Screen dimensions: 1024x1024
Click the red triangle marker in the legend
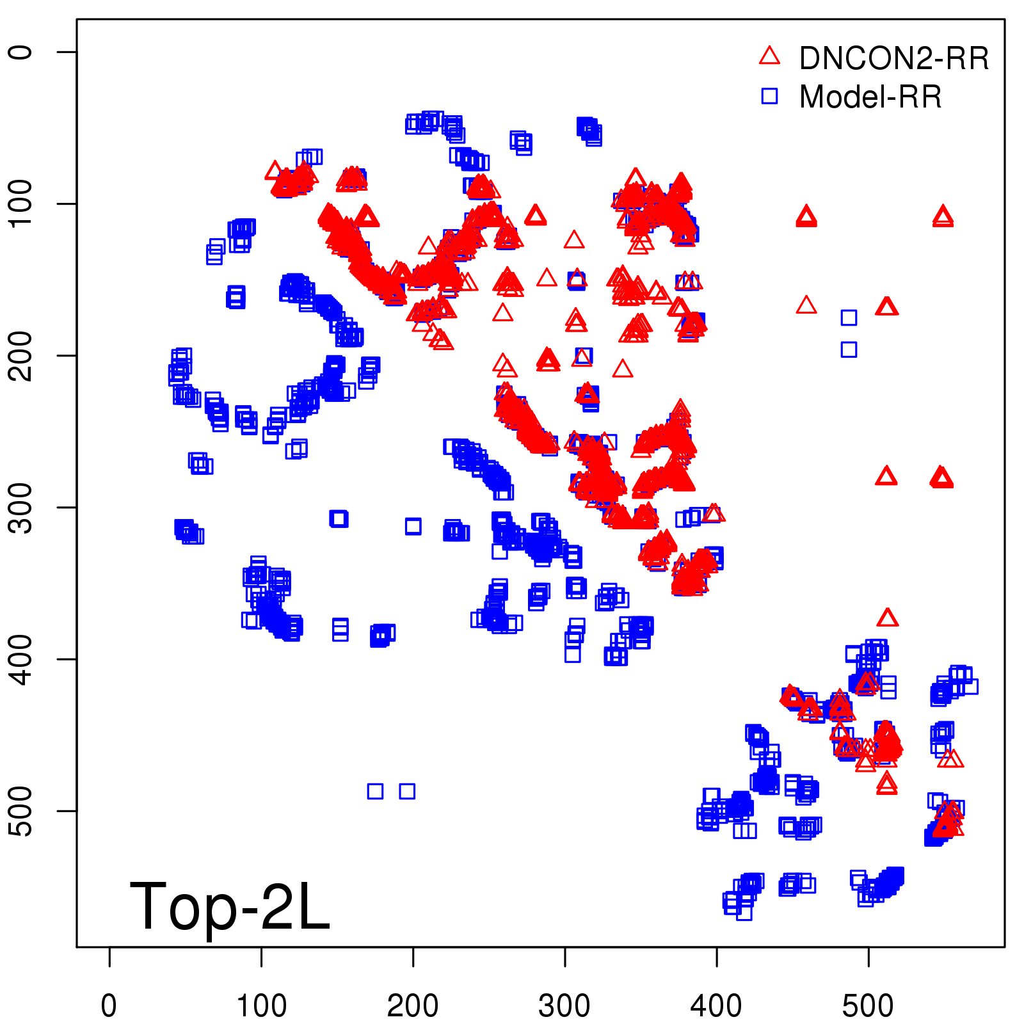point(769,56)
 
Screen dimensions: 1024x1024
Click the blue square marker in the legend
point(769,96)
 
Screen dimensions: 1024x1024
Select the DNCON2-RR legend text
point(893,58)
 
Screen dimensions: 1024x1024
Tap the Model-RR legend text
point(870,97)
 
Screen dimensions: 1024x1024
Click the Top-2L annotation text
point(229,906)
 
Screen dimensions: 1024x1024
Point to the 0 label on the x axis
point(109,1005)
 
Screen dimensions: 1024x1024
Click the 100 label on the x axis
point(261,1005)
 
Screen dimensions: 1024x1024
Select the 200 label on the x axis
point(413,1005)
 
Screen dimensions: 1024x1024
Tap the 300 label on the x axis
point(564,1005)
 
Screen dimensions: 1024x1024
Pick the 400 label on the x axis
point(716,1005)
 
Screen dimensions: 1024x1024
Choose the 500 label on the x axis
point(868,1005)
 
